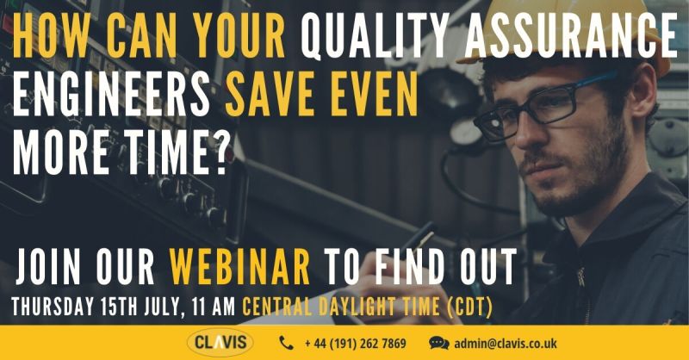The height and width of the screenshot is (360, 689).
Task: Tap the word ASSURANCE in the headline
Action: coord(571,35)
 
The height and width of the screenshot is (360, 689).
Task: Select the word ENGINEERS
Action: coord(111,95)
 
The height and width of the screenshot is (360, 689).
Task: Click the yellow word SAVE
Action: coord(272,95)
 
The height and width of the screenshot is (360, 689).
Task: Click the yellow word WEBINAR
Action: coord(240,266)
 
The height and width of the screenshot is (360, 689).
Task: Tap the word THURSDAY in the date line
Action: coord(53,306)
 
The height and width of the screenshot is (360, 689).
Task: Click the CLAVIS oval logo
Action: coord(220,343)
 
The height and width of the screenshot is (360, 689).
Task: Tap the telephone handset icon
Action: coord(286,343)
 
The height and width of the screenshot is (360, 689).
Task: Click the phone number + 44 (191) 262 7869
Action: coord(355,344)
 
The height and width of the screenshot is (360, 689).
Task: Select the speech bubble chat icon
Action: coord(439,343)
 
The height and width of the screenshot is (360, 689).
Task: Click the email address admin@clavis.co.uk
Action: coord(506,344)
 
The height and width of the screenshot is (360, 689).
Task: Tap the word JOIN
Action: coord(48,266)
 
